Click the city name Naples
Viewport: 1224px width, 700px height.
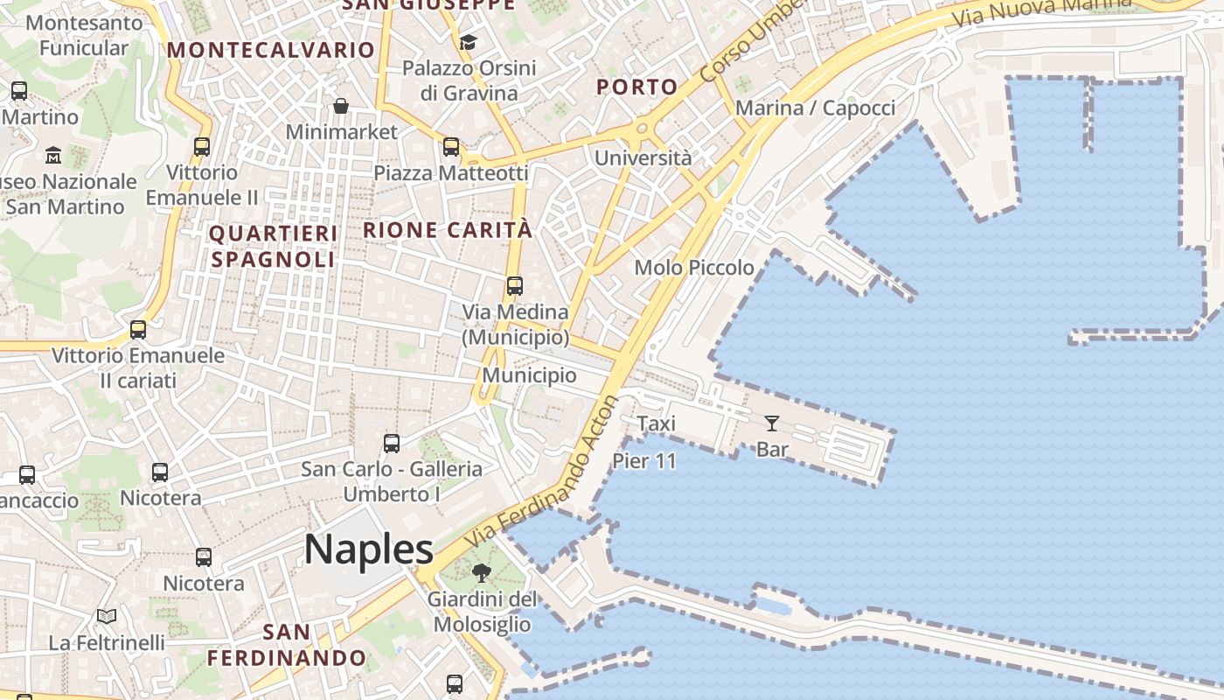coord(369,549)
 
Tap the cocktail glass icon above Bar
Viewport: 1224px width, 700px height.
coord(771,424)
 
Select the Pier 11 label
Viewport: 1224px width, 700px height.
coord(644,461)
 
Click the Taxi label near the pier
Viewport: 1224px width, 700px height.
coord(656,423)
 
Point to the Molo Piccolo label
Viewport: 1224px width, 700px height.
coord(694,268)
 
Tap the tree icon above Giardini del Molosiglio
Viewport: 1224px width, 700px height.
coord(481,573)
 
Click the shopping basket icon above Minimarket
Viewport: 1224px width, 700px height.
coord(341,106)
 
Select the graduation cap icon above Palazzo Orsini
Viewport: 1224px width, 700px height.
coord(468,42)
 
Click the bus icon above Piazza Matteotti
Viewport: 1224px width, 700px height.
coord(451,147)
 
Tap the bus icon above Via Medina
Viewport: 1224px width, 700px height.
coord(515,286)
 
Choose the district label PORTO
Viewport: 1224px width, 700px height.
coord(636,87)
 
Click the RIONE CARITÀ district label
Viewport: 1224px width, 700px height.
coord(448,230)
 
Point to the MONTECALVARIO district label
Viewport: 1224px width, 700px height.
coord(271,50)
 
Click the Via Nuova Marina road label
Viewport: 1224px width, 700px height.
coord(1040,10)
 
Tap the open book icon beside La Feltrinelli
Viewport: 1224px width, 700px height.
coord(107,617)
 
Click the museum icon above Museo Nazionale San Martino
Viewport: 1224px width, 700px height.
coord(53,156)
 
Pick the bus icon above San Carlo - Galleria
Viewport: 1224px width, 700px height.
coord(392,444)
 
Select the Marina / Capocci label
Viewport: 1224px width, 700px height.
coord(815,108)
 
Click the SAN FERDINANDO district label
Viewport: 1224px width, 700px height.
coord(287,645)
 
